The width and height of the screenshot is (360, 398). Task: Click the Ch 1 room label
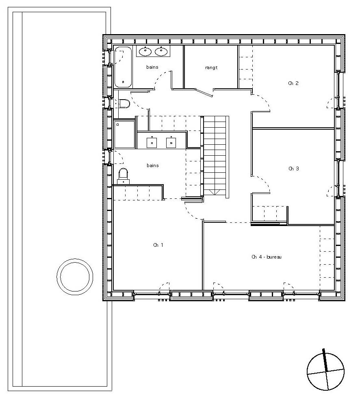point(158,245)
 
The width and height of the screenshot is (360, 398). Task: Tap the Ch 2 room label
point(293,83)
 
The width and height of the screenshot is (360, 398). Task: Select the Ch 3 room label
point(293,169)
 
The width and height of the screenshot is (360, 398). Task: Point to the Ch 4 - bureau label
point(267,257)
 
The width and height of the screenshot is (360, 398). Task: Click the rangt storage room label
point(211,68)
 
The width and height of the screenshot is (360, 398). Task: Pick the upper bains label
point(152,67)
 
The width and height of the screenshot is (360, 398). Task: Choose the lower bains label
point(152,165)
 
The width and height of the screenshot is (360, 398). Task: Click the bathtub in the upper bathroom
point(123,67)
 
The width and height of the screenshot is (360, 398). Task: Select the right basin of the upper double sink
point(161,52)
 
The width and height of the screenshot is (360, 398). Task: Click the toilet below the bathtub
point(124,104)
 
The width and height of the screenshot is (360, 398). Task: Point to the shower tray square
point(124,135)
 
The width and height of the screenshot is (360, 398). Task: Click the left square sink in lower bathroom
point(152,142)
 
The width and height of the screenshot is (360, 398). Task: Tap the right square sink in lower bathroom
point(171,142)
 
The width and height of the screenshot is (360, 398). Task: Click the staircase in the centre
point(215,156)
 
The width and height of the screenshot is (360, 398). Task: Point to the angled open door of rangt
point(204,93)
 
